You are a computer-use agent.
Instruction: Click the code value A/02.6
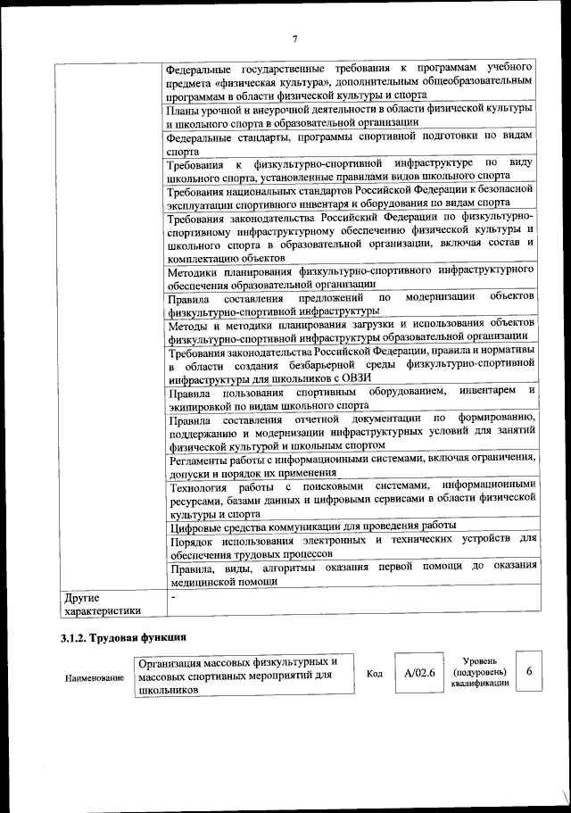pyautogui.click(x=418, y=674)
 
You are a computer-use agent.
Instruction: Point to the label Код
pyautogui.click(x=375, y=675)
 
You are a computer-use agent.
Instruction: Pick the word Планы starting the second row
pyautogui.click(x=185, y=109)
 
